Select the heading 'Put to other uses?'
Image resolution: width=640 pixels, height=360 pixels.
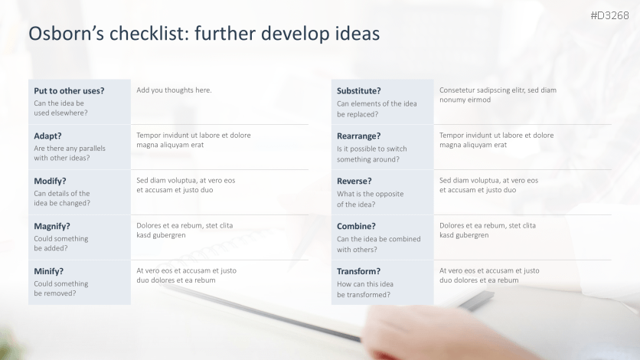click(x=69, y=90)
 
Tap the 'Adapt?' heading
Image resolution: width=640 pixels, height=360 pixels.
click(x=47, y=136)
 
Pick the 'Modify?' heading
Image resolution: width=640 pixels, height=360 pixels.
click(x=50, y=181)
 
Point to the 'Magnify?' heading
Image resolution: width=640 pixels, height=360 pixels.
click(x=52, y=226)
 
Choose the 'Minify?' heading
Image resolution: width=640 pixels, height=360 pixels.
click(x=48, y=271)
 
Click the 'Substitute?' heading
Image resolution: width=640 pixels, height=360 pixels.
click(x=359, y=90)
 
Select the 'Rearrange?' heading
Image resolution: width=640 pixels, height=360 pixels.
click(x=359, y=136)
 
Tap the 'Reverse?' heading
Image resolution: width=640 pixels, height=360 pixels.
click(x=354, y=181)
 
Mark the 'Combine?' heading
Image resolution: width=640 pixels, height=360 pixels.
click(x=356, y=226)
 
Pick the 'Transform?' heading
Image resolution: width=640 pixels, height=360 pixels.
click(x=358, y=271)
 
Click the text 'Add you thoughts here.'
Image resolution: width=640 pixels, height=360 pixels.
click(x=174, y=90)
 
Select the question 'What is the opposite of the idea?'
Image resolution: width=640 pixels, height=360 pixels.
click(x=370, y=199)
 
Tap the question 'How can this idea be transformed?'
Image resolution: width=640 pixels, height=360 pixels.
click(x=365, y=288)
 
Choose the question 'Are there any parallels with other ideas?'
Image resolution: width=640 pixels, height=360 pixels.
click(x=70, y=153)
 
